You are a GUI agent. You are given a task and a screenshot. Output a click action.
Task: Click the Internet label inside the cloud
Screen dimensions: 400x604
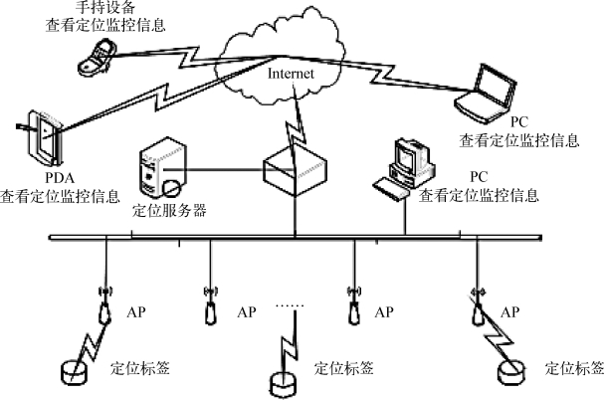pyautogui.click(x=292, y=74)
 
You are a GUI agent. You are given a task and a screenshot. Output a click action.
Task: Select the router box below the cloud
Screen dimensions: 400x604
pyautogui.click(x=295, y=171)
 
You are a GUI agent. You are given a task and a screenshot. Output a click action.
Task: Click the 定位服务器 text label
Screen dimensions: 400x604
pyautogui.click(x=170, y=211)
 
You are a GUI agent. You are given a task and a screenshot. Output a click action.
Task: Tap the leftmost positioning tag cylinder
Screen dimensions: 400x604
pyautogui.click(x=73, y=371)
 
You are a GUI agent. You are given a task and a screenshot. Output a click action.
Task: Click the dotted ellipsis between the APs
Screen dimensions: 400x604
pyautogui.click(x=287, y=306)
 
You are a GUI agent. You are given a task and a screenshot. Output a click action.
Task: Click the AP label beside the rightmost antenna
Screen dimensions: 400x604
pyautogui.click(x=509, y=312)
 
